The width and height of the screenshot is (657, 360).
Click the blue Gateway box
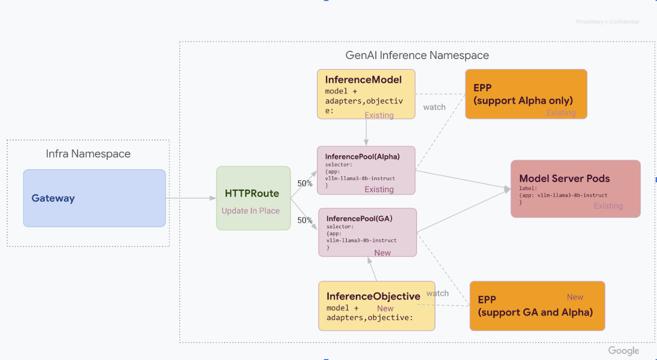(x=94, y=198)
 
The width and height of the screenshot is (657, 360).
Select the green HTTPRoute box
(x=253, y=198)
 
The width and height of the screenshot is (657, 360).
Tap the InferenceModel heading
(x=363, y=79)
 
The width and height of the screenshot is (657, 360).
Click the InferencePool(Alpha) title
(x=362, y=157)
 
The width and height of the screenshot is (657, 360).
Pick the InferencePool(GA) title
(x=359, y=218)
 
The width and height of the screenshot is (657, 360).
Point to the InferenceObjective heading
(x=373, y=296)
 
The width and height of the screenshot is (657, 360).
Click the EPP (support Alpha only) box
(x=526, y=94)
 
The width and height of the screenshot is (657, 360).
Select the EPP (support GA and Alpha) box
(x=537, y=306)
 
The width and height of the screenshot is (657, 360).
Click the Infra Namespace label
(x=88, y=153)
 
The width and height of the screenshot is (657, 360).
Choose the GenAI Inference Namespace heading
(x=417, y=55)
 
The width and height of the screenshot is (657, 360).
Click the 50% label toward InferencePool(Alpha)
(x=305, y=183)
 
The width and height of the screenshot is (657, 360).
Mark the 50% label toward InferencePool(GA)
(x=305, y=220)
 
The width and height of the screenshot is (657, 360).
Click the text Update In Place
(x=250, y=211)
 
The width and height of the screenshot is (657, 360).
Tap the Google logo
(x=623, y=351)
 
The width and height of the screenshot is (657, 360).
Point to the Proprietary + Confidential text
(x=607, y=22)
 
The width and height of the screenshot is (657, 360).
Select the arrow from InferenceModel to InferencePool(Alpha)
(x=366, y=132)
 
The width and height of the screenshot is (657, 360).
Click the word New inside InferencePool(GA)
(x=382, y=253)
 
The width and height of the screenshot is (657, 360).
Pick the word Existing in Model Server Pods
(x=608, y=206)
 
